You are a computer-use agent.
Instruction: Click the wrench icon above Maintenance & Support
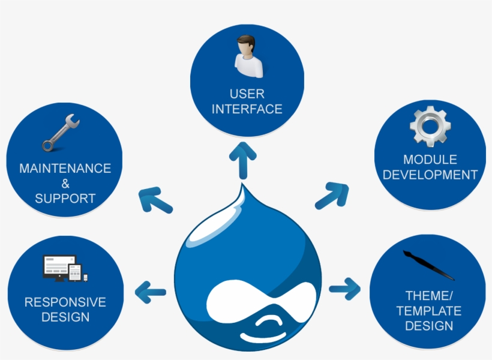coord(61,133)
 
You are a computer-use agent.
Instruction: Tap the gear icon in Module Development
coord(430,127)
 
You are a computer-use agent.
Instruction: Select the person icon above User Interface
coord(247,56)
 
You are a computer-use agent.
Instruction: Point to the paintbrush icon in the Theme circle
coord(428,264)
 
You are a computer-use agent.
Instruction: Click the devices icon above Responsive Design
coord(65,269)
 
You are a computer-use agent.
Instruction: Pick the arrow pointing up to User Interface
coord(243,158)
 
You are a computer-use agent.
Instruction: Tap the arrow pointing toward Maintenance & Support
coord(155,200)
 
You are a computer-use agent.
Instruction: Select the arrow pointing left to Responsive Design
coord(150,292)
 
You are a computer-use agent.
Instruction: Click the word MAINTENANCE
coord(65,169)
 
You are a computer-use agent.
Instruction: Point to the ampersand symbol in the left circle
coord(65,184)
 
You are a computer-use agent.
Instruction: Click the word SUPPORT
coord(65,198)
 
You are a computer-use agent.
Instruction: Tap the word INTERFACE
coord(247,109)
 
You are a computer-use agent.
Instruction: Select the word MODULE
coord(430,160)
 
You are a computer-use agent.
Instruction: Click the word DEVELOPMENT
coord(430,175)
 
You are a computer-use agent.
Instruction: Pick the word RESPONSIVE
coord(65,302)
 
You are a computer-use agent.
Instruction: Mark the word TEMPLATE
coord(428,311)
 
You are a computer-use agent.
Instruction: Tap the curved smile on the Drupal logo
coord(273,325)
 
